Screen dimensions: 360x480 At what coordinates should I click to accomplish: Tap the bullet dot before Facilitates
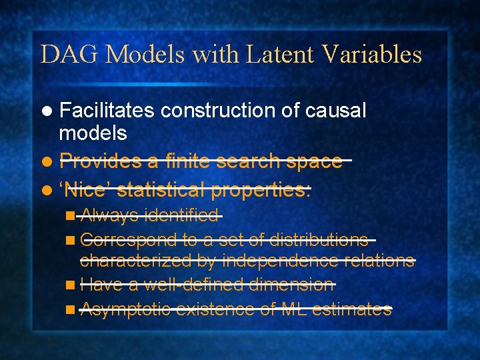[46, 111]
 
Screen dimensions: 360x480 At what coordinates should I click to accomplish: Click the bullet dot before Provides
[46, 162]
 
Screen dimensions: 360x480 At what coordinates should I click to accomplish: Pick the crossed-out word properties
[261, 191]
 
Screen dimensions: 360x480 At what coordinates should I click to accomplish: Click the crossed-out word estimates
[351, 309]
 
